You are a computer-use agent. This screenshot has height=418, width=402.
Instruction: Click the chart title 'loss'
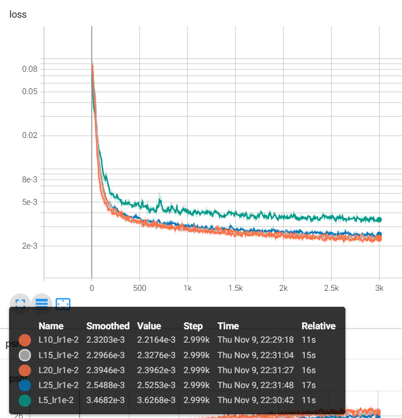pyautogui.click(x=18, y=14)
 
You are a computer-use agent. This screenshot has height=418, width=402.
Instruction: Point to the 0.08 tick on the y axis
pyautogui.click(x=29, y=69)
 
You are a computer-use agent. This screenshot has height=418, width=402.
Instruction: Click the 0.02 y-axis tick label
pyautogui.click(x=29, y=135)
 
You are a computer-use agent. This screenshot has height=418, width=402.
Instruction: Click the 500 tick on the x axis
pyautogui.click(x=139, y=288)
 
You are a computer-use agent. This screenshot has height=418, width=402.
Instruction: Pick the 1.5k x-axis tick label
pyautogui.click(x=235, y=288)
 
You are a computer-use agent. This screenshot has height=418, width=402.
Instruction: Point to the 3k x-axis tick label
pyautogui.click(x=379, y=288)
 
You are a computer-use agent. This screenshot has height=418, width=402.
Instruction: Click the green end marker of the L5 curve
pyautogui.click(x=379, y=220)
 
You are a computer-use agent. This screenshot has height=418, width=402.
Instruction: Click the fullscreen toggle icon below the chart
pyautogui.click(x=20, y=304)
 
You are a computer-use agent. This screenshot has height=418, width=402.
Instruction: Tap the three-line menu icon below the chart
pyautogui.click(x=42, y=304)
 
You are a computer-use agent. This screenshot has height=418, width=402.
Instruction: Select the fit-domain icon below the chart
pyautogui.click(x=63, y=304)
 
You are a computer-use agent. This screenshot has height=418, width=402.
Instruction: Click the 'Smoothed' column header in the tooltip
pyautogui.click(x=108, y=326)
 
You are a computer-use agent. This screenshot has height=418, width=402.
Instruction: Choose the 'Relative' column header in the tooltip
pyautogui.click(x=318, y=326)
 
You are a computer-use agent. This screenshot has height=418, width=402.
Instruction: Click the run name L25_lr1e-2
pyautogui.click(x=58, y=385)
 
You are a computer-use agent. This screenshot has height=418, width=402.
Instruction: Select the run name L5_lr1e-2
pyautogui.click(x=56, y=400)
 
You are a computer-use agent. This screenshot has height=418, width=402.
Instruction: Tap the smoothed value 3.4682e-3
pyautogui.click(x=108, y=400)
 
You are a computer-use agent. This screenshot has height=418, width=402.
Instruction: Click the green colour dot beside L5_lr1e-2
pyautogui.click(x=25, y=400)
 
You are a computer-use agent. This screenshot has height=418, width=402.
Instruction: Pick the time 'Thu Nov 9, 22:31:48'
pyautogui.click(x=255, y=385)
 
